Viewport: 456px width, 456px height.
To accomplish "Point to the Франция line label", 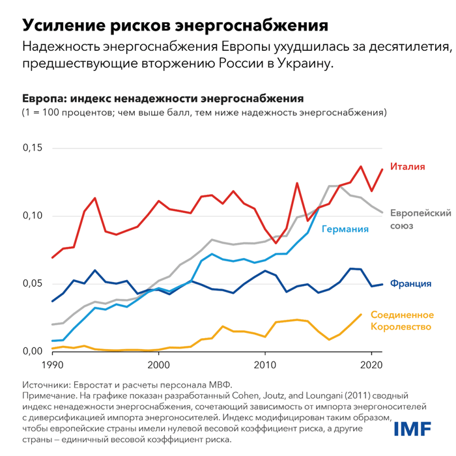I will click(x=410, y=284).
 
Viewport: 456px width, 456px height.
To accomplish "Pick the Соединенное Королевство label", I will click(x=401, y=320).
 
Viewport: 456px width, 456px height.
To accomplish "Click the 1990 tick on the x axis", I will click(x=52, y=365).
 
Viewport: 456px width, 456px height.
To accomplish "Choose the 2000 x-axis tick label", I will click(x=158, y=365).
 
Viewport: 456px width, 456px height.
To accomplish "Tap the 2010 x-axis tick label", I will click(x=264, y=365).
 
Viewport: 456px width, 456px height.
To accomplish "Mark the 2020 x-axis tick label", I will click(x=371, y=365).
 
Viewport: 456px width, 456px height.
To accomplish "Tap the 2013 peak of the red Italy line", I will click(x=297, y=184).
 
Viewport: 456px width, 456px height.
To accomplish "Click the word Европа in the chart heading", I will click(x=43, y=99).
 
